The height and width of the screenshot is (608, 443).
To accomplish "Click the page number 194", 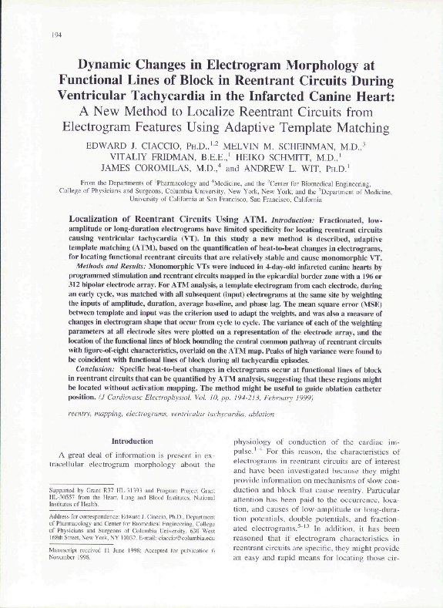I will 56,35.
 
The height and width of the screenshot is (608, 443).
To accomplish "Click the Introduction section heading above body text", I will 133,442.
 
